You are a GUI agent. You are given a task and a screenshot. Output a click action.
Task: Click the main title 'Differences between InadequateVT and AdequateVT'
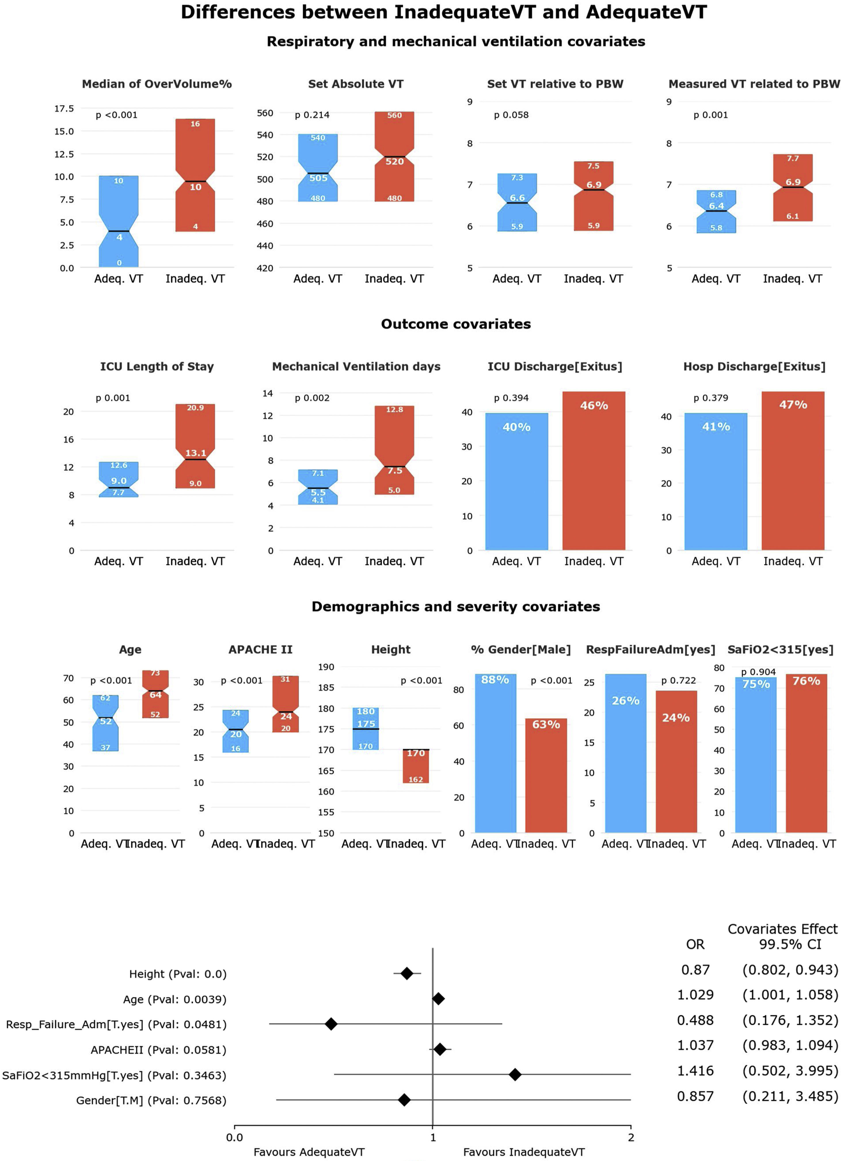444,12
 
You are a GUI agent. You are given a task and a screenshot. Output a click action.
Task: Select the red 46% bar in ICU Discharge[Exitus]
594,471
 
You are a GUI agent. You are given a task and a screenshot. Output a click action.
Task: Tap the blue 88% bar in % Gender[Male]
495,753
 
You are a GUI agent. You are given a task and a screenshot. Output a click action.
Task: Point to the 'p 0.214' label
312,115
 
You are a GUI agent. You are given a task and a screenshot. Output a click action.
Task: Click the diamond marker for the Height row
407,973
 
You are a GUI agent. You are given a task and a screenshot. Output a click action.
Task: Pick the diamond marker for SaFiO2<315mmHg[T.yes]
515,1074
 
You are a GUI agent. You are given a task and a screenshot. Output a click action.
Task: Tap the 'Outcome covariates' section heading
455,324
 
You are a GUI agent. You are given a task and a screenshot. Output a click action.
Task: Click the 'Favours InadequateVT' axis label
523,1152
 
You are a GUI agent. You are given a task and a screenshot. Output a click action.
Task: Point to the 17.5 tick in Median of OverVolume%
64,109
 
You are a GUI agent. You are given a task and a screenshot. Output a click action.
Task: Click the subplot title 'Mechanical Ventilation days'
356,366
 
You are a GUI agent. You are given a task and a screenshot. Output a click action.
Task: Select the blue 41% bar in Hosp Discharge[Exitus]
716,482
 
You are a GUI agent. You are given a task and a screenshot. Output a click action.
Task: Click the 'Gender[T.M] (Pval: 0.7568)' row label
151,1100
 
